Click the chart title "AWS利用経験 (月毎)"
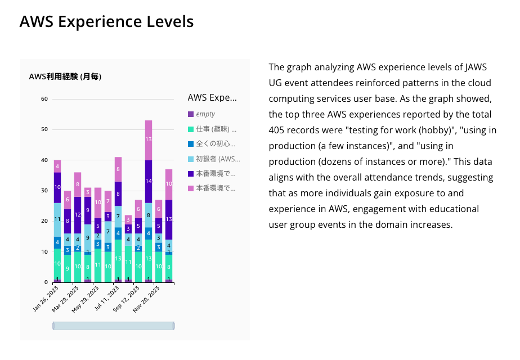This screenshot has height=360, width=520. coord(65,76)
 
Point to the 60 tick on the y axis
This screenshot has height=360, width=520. coord(44,99)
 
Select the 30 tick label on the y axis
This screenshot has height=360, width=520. coord(44,191)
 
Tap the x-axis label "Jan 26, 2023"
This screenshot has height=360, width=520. coord(46,299)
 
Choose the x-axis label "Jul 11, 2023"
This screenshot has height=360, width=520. coord(107,299)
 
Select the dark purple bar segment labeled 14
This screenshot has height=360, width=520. coord(149,181)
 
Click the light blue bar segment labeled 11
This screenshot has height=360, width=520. coord(57,219)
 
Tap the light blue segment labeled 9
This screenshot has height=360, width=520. coord(88,238)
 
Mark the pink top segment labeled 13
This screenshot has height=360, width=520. coord(149,139)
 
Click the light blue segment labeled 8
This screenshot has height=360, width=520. coord(149,215)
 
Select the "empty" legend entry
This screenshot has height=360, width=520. coord(205,114)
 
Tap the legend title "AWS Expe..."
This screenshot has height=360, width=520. coord(212,97)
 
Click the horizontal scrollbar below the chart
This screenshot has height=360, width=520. coord(113,326)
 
